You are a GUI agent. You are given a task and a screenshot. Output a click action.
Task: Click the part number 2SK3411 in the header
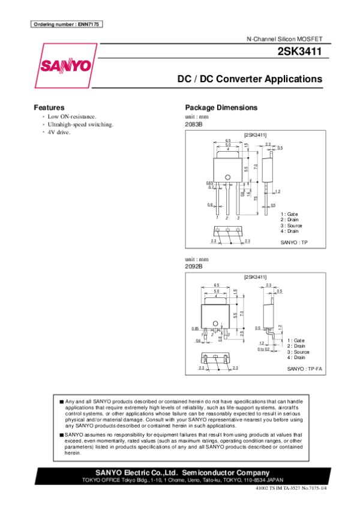(299, 52)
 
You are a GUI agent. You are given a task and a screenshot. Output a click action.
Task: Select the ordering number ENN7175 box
(67, 24)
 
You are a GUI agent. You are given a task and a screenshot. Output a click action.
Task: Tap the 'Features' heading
(49, 107)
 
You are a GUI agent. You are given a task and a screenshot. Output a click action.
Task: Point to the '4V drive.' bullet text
(59, 132)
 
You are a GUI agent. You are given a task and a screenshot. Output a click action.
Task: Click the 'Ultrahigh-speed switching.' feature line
(80, 124)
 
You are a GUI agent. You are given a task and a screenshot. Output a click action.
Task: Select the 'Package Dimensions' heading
(221, 107)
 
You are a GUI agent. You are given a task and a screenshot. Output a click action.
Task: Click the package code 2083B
(194, 124)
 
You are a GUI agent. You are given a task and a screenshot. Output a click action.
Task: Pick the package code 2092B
(194, 266)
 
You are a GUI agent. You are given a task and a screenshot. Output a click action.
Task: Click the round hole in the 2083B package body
(228, 176)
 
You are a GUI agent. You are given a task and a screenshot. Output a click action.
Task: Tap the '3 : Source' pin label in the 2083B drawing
(291, 225)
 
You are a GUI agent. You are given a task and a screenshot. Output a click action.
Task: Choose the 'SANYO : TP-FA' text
(305, 368)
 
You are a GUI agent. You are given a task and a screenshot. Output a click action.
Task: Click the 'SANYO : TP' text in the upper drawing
(294, 242)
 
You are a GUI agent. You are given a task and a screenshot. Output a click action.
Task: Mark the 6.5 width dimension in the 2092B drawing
(216, 285)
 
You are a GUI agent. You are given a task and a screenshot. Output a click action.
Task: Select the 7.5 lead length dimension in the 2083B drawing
(256, 198)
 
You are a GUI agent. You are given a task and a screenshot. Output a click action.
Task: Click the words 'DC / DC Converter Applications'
(250, 79)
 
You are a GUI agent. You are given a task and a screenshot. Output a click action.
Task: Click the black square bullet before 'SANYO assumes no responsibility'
(61, 433)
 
